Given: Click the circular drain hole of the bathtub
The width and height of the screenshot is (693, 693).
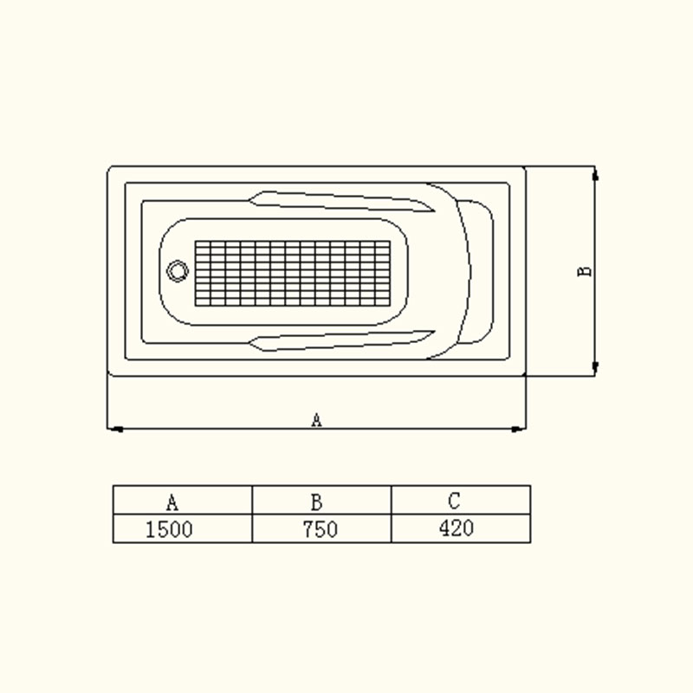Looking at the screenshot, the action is click(x=178, y=271).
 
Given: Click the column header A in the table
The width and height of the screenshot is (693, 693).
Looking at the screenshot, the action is click(x=172, y=502).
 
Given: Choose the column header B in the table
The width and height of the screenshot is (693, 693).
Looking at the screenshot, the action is click(x=316, y=502).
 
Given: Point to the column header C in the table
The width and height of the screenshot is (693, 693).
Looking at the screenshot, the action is click(x=454, y=501).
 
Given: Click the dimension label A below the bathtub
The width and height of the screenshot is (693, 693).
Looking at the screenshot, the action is click(x=316, y=420).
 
